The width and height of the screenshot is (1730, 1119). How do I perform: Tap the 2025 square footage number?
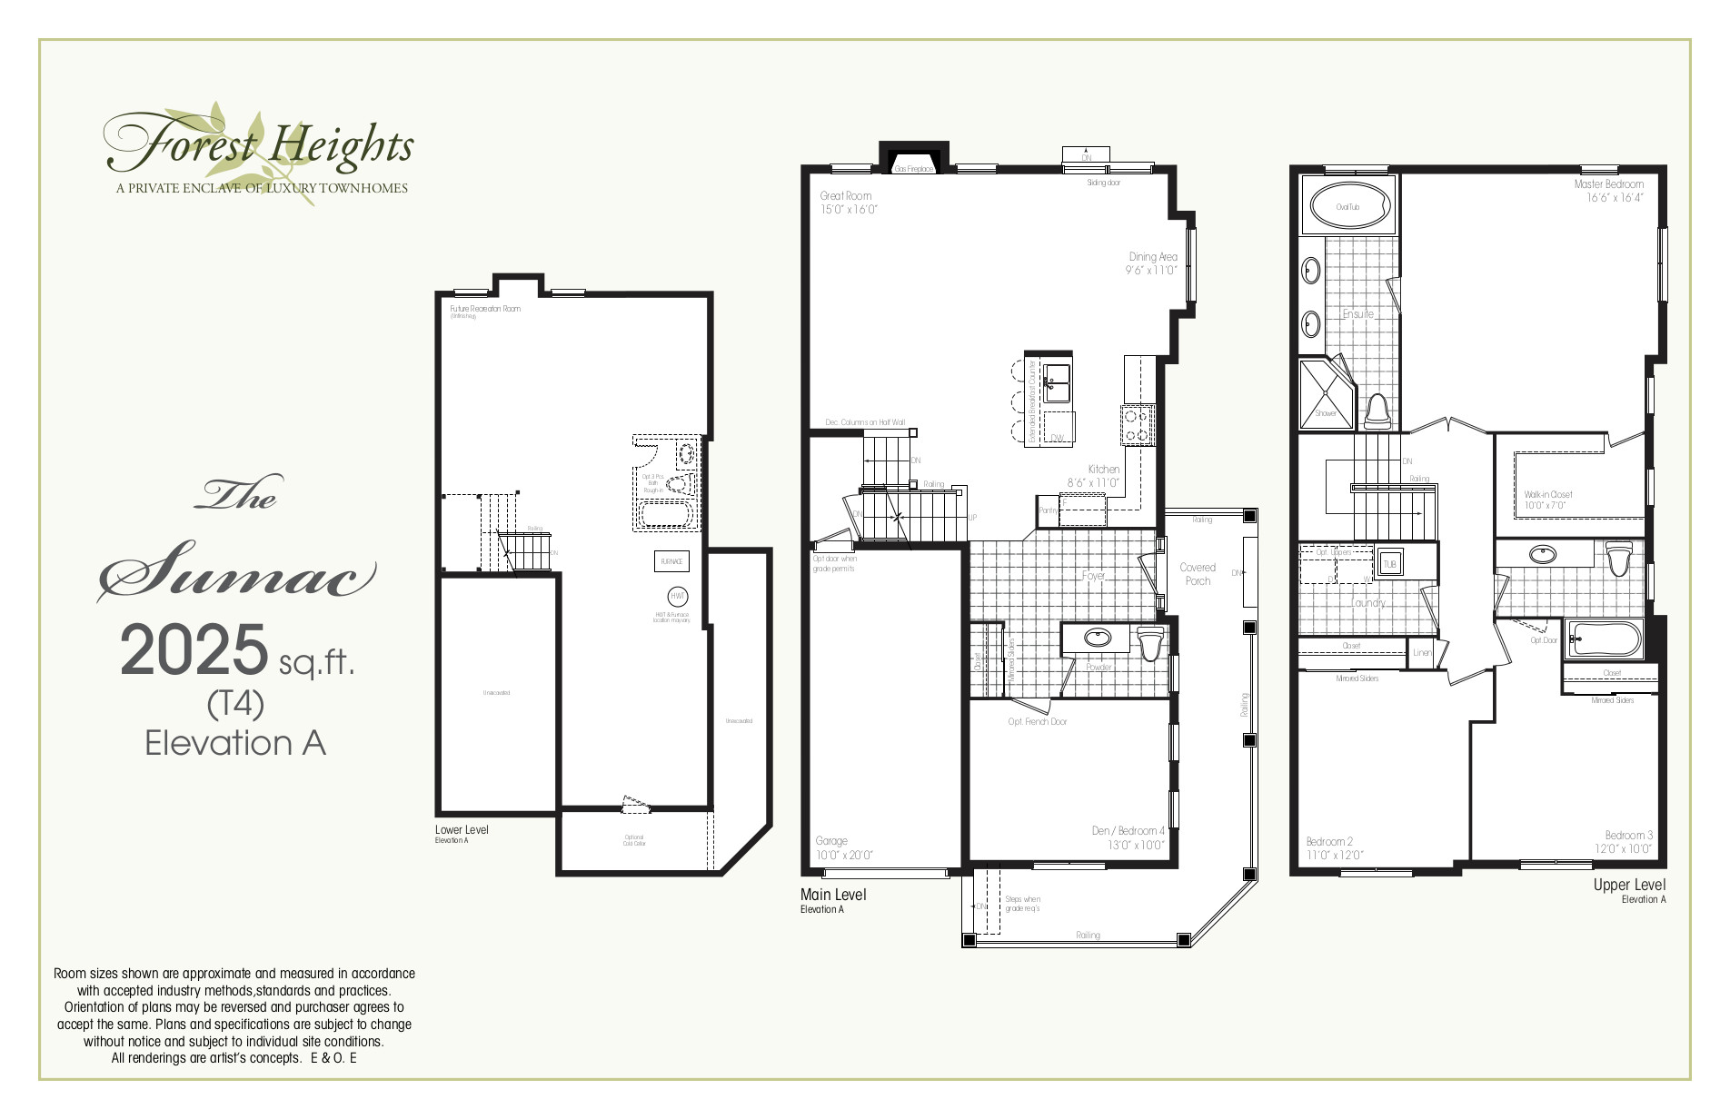click(x=194, y=650)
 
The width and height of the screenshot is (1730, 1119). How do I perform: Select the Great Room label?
click(x=845, y=195)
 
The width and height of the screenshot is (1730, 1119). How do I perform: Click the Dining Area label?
click(x=1152, y=257)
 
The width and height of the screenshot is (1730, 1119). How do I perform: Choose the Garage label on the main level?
click(x=831, y=841)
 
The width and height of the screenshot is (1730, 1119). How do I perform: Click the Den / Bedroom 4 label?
click(x=1128, y=831)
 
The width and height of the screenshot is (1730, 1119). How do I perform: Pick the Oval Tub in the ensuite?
click(x=1347, y=207)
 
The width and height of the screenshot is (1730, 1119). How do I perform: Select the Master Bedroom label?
click(x=1608, y=184)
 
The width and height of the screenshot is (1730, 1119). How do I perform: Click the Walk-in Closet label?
click(x=1548, y=495)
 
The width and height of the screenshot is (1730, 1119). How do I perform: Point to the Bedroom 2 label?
click(x=1329, y=842)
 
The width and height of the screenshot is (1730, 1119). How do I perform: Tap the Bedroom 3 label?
click(x=1628, y=836)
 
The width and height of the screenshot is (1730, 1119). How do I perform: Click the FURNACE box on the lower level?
click(x=671, y=561)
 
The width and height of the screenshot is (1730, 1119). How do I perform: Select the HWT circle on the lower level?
click(x=678, y=597)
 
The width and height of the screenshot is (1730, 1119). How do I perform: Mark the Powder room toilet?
click(x=1150, y=644)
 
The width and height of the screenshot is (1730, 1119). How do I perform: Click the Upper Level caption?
click(x=1629, y=885)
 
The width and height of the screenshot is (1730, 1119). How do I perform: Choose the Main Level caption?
click(x=833, y=895)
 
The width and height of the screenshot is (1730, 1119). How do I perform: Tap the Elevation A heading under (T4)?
click(x=234, y=743)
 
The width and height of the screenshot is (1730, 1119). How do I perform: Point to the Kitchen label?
click(x=1104, y=470)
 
